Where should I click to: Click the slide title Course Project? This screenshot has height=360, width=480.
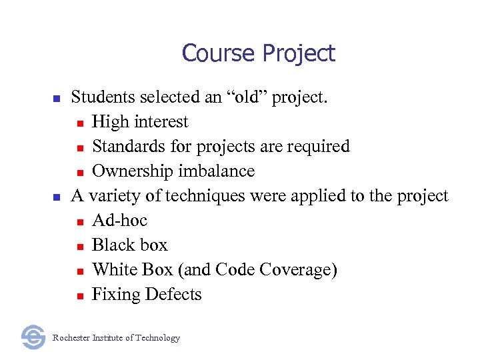(x=258, y=53)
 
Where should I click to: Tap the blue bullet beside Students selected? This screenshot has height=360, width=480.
(x=57, y=99)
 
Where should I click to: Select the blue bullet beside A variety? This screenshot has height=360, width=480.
(x=57, y=197)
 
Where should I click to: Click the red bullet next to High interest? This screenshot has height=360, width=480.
(x=79, y=123)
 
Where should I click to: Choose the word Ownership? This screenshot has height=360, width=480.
(x=125, y=171)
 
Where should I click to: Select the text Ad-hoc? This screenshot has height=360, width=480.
(x=119, y=220)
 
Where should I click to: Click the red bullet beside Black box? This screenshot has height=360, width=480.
(x=79, y=247)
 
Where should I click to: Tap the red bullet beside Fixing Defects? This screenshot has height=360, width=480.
(x=79, y=296)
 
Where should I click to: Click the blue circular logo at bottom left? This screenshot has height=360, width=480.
(x=33, y=337)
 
